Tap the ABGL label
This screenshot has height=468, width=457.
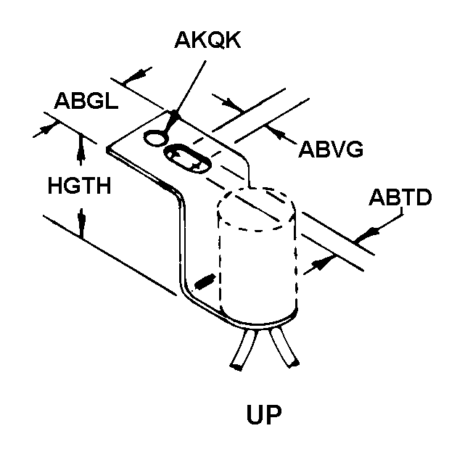(x=86, y=101)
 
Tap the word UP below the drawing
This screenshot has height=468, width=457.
(x=264, y=416)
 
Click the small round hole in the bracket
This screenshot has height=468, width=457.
(x=155, y=136)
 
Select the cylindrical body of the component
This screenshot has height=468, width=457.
(x=258, y=261)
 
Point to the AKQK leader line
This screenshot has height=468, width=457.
(x=190, y=83)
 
